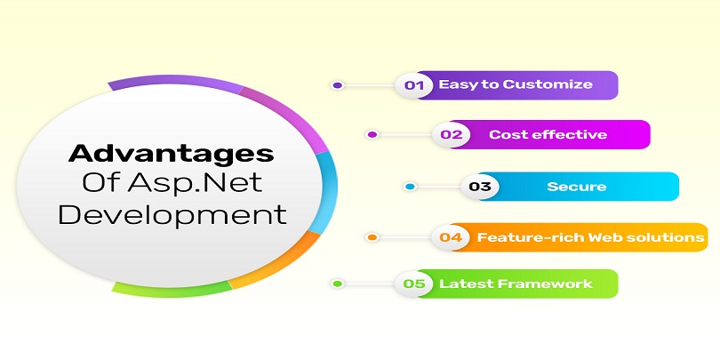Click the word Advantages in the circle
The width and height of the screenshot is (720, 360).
click(x=171, y=154)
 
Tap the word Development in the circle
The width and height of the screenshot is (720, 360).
click(x=172, y=215)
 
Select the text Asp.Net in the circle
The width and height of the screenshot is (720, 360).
click(x=196, y=183)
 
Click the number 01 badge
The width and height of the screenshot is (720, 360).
click(x=413, y=85)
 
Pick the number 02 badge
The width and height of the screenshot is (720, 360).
click(x=452, y=134)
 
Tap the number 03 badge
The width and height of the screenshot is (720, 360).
click(x=480, y=187)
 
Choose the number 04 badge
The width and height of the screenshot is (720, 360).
click(x=451, y=237)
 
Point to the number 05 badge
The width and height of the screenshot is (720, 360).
click(x=413, y=284)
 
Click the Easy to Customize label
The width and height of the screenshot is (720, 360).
click(x=516, y=84)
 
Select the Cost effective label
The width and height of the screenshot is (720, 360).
click(x=548, y=134)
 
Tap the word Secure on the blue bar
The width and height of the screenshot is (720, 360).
click(x=577, y=187)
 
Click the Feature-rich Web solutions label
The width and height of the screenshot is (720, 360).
click(x=590, y=237)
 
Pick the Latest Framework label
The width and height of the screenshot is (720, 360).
click(x=516, y=284)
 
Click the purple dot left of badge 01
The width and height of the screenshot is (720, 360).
click(x=338, y=85)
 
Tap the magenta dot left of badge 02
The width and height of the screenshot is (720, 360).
click(x=372, y=134)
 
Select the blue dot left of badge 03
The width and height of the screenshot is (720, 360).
click(x=410, y=187)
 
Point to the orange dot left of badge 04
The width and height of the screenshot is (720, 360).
click(x=372, y=237)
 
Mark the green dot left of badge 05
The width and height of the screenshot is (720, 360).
click(x=338, y=284)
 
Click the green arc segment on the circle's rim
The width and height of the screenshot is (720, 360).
click(x=172, y=290)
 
